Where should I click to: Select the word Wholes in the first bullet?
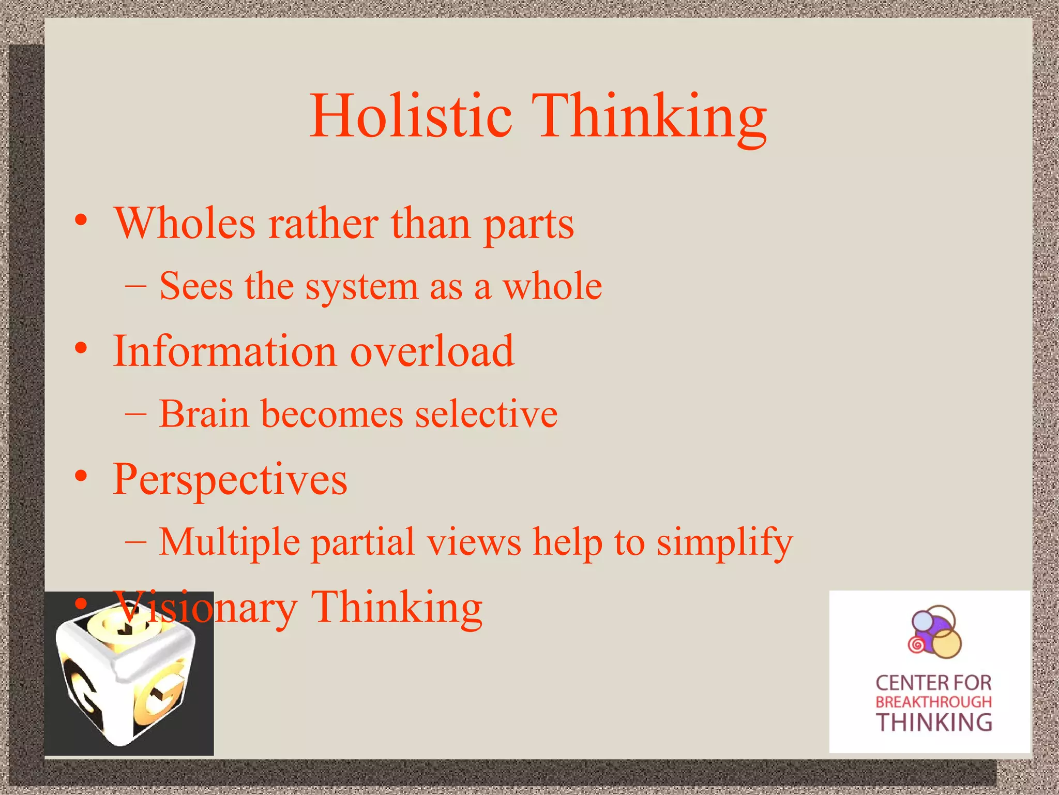pos(185,224)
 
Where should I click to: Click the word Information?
pos(225,351)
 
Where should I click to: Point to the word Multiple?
pos(229,542)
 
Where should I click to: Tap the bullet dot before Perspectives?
pos(81,476)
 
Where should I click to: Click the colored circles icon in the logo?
pos(934,632)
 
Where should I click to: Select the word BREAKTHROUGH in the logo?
pos(933,702)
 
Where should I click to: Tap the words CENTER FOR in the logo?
pos(933,683)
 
